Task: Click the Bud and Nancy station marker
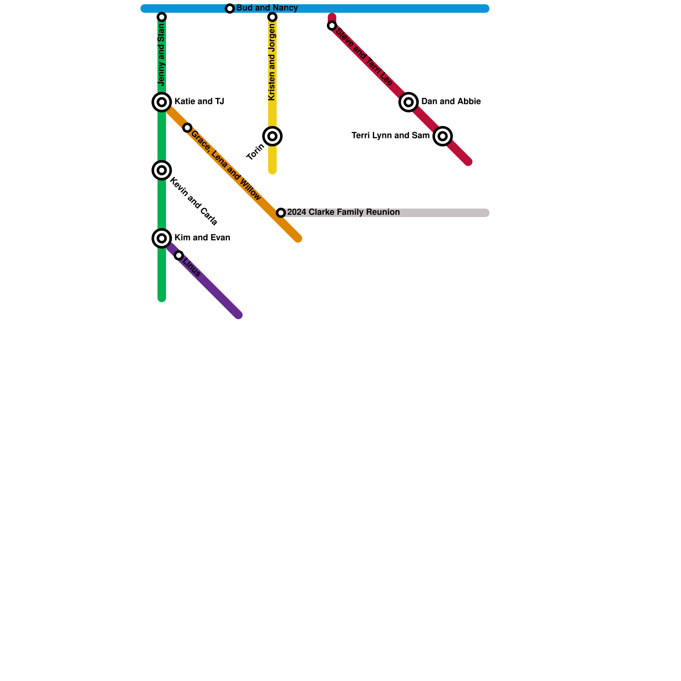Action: pyautogui.click(x=230, y=9)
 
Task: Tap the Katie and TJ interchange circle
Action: pyautogui.click(x=162, y=102)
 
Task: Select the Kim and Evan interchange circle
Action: pyautogui.click(x=162, y=238)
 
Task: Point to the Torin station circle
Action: pyautogui.click(x=272, y=136)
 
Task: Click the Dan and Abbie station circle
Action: pyautogui.click(x=409, y=102)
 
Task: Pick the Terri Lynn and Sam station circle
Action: pyautogui.click(x=443, y=136)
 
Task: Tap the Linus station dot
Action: pyautogui.click(x=179, y=255)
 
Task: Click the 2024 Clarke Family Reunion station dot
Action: pyautogui.click(x=281, y=213)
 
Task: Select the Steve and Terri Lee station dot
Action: pyautogui.click(x=332, y=26)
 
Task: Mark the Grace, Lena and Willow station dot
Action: pyautogui.click(x=187, y=128)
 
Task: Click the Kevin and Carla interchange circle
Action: pyautogui.click(x=162, y=170)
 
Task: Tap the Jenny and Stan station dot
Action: pyautogui.click(x=162, y=17)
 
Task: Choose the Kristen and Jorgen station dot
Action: pyautogui.click(x=272, y=17)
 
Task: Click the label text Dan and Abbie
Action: pyautogui.click(x=451, y=102)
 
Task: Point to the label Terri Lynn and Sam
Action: pyautogui.click(x=390, y=136)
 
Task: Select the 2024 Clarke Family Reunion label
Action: pyautogui.click(x=343, y=212)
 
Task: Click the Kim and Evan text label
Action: pyautogui.click(x=202, y=238)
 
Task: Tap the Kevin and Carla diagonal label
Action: pyautogui.click(x=194, y=201)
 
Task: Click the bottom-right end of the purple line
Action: pyautogui.click(x=239, y=315)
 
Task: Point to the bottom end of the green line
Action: pyautogui.click(x=162, y=298)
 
